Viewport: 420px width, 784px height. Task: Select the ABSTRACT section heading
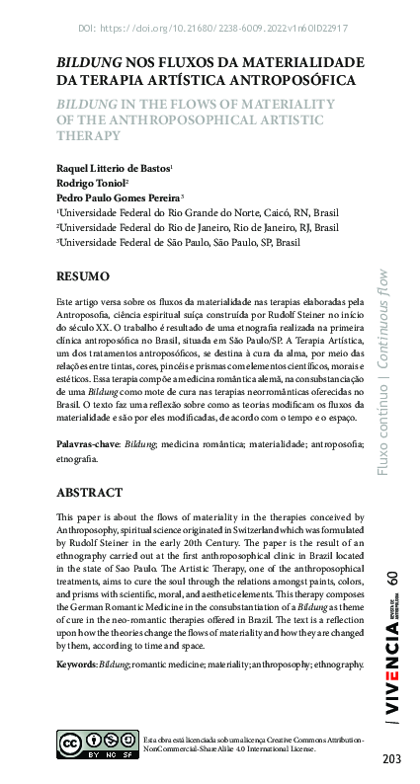[x=89, y=492]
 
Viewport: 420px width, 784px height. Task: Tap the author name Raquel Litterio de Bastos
[x=114, y=170]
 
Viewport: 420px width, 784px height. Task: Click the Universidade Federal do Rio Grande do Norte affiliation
[x=197, y=212]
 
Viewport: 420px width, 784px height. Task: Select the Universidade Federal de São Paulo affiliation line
[x=178, y=240]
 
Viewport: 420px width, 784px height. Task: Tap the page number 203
[x=391, y=758]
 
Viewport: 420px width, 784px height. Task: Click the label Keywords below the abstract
[x=75, y=666]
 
